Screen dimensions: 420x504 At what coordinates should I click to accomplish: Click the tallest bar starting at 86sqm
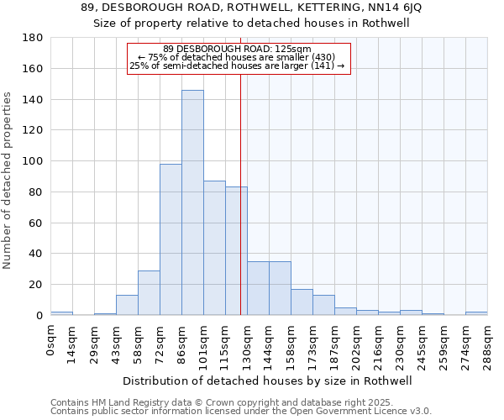click(192, 202)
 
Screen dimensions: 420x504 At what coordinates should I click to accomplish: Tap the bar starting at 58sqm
click(149, 292)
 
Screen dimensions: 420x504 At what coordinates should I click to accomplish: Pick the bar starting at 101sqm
click(214, 248)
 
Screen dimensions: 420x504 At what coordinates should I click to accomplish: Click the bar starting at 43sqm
click(127, 305)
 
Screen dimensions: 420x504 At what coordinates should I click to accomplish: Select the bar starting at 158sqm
click(302, 302)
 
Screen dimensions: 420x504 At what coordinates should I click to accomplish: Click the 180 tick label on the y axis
click(33, 38)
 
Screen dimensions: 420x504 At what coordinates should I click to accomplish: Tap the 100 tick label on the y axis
click(33, 161)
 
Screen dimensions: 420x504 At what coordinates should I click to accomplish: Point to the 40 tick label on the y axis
click(36, 254)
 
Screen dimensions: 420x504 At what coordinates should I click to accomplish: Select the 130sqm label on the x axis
click(247, 344)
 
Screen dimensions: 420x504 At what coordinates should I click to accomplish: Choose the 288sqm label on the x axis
click(487, 344)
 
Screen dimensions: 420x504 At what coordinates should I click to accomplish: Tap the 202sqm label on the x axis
click(356, 344)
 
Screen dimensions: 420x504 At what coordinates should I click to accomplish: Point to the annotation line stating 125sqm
click(237, 49)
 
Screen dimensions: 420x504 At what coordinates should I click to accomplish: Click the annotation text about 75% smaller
click(237, 57)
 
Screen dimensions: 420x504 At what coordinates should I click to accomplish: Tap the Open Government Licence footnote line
click(241, 411)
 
